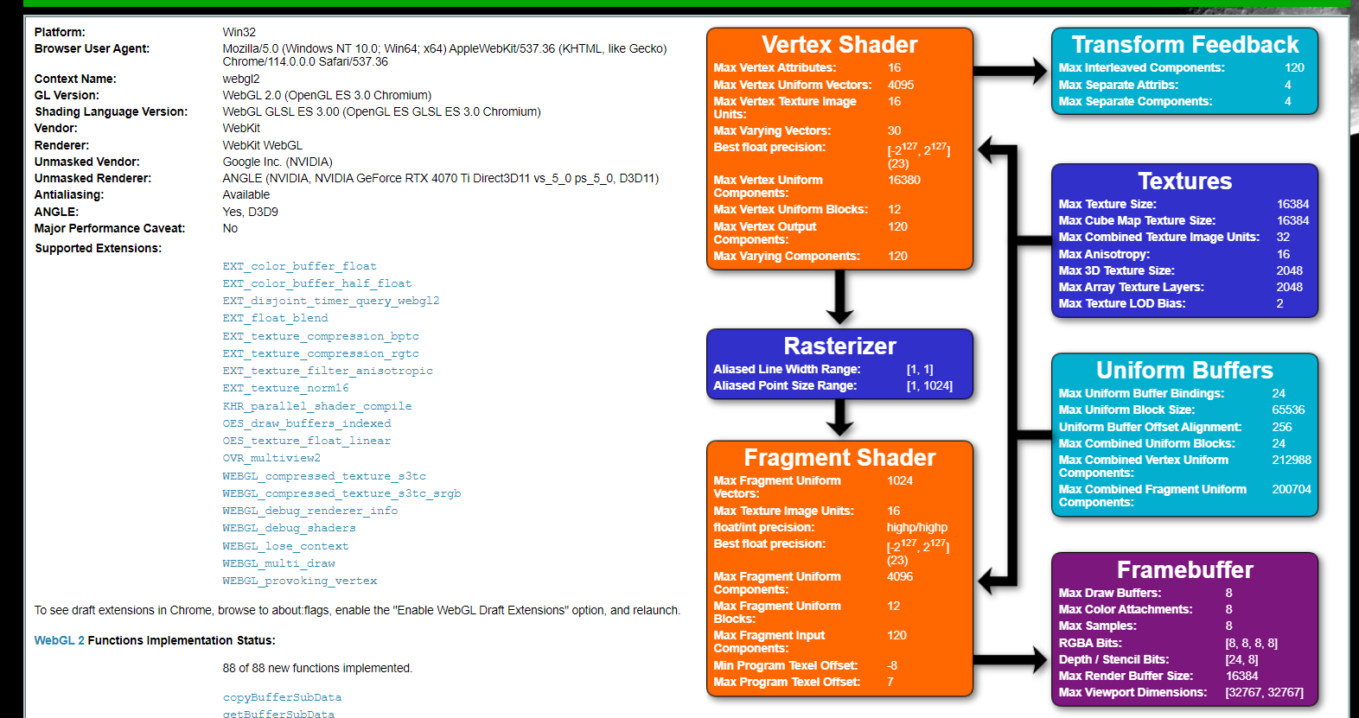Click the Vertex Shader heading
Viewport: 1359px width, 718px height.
[x=839, y=45]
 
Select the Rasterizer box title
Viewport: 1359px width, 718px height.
[x=839, y=346]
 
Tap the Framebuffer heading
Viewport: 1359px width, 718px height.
[x=1184, y=570]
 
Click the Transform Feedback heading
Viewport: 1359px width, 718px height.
[x=1184, y=45]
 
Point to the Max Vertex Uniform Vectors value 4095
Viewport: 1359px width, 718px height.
[x=900, y=85]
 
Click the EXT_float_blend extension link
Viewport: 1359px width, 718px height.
[x=275, y=318]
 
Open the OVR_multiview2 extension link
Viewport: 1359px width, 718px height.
[x=271, y=458]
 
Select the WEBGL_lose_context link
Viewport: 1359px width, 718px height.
[x=285, y=546]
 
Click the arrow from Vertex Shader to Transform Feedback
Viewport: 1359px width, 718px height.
[x=1011, y=70]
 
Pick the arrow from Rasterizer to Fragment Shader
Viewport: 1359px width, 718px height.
[x=839, y=419]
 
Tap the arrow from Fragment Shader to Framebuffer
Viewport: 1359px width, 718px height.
[x=1011, y=660]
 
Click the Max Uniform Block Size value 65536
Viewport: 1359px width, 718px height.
[x=1288, y=410]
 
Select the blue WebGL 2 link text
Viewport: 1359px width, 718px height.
[x=59, y=640]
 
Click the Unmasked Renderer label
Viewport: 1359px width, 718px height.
[x=93, y=178]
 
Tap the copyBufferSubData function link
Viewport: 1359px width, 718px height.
[x=282, y=697]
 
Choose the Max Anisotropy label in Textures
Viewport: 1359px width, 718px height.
[x=1104, y=254]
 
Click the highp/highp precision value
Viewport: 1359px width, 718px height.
[x=916, y=527]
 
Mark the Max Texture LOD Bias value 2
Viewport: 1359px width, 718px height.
[x=1279, y=303]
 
